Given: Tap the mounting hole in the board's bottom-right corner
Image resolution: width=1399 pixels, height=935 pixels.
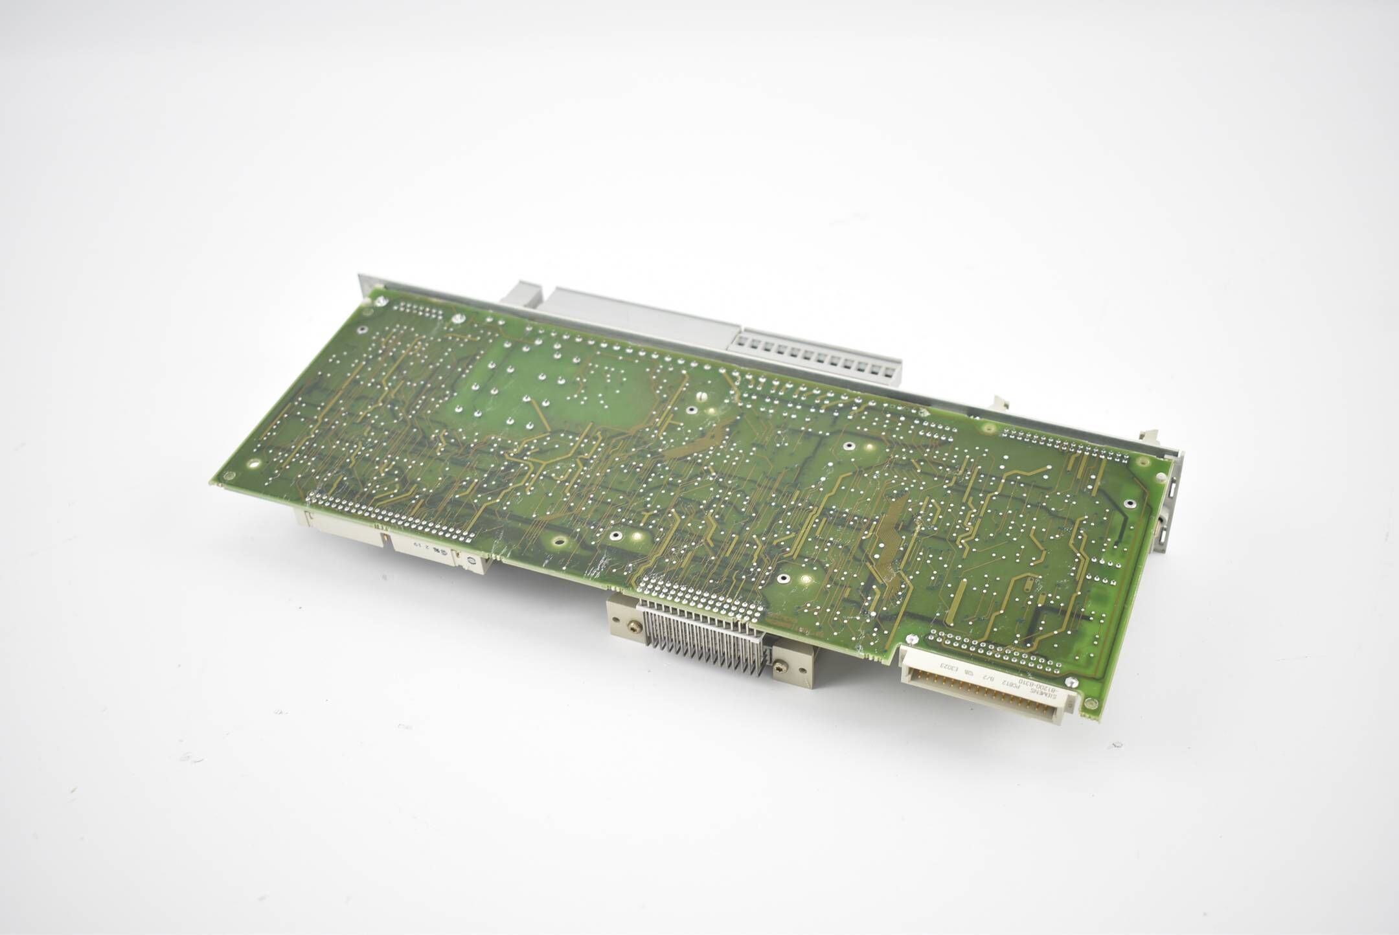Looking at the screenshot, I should point(1090,703).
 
